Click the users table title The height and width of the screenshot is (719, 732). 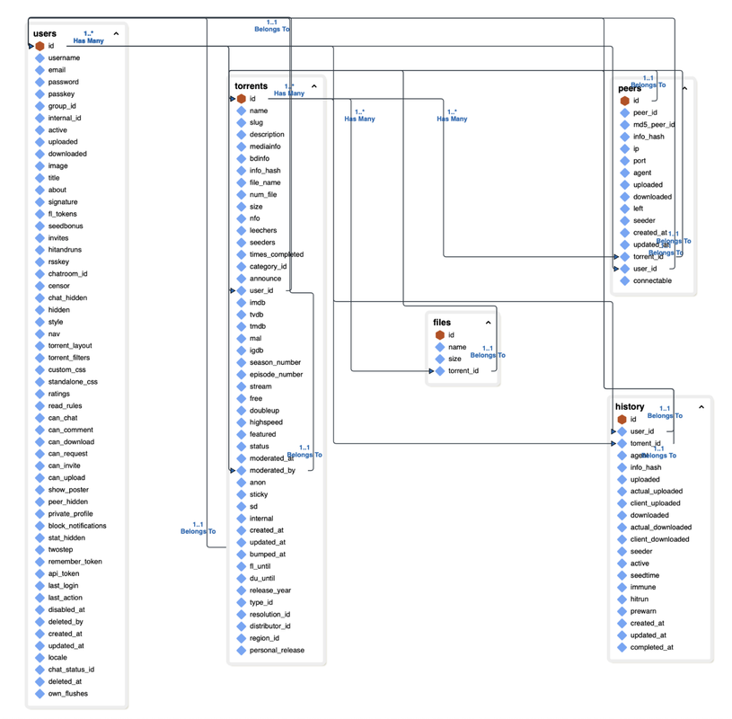(x=44, y=33)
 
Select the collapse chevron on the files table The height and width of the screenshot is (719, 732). (x=489, y=323)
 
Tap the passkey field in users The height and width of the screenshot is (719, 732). (x=61, y=93)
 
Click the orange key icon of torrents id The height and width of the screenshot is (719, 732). (x=241, y=99)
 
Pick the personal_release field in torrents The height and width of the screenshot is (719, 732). (x=277, y=650)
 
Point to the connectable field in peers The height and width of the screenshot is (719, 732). (x=652, y=280)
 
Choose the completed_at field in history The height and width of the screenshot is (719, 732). (x=651, y=647)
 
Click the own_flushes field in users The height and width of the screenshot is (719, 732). (x=68, y=694)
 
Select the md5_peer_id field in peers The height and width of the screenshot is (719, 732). (x=654, y=125)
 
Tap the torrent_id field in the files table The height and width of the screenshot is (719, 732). (x=463, y=370)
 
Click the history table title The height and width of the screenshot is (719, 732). (x=630, y=406)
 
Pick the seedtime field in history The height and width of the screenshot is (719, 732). (x=645, y=575)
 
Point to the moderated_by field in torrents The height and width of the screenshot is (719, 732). (x=272, y=470)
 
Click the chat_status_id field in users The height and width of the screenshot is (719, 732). (x=71, y=670)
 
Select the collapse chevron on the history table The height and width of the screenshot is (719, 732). (x=701, y=407)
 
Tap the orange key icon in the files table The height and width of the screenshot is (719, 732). (x=440, y=335)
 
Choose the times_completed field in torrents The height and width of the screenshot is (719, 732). (x=277, y=254)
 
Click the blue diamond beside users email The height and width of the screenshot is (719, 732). (x=40, y=70)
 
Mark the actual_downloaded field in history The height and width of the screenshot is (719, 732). (x=661, y=528)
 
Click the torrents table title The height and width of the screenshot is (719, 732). (x=251, y=86)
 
